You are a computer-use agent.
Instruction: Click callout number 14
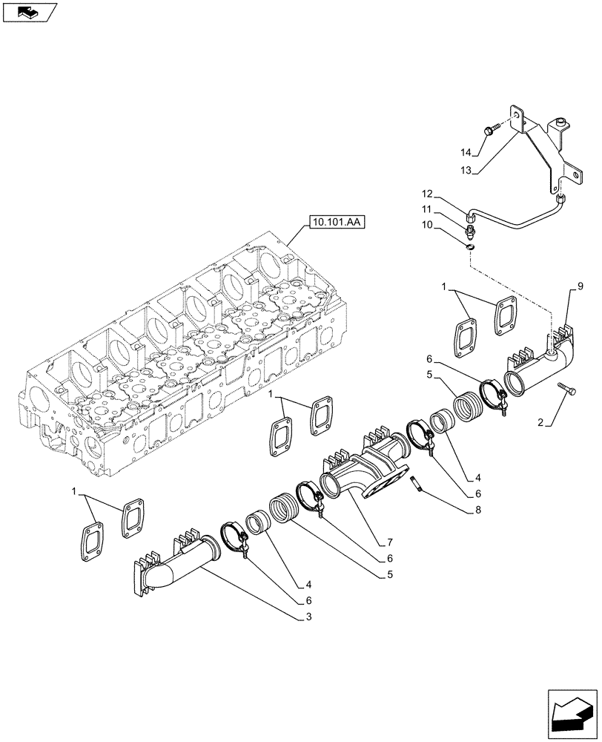[x=465, y=153]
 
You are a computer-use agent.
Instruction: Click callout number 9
[x=580, y=286]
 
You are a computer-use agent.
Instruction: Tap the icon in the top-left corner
[x=29, y=11]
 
